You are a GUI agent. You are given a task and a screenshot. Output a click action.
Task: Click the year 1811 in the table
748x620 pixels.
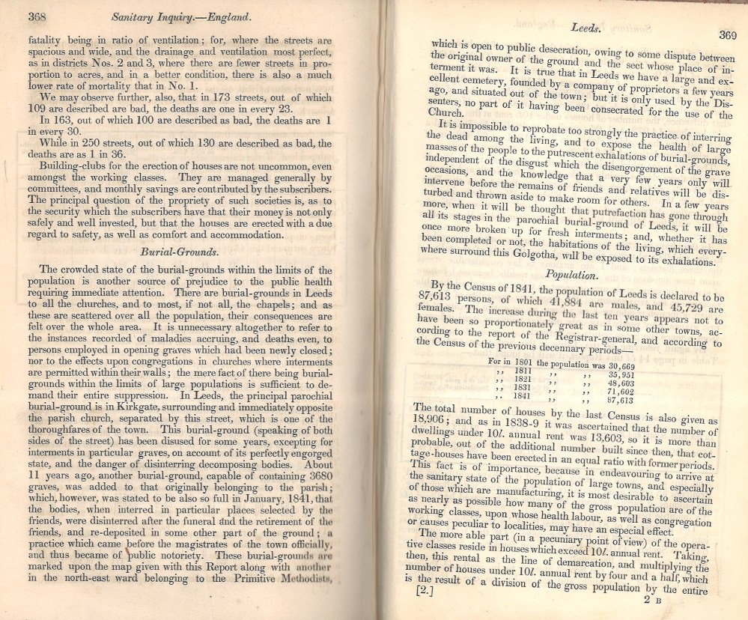click(521, 370)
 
